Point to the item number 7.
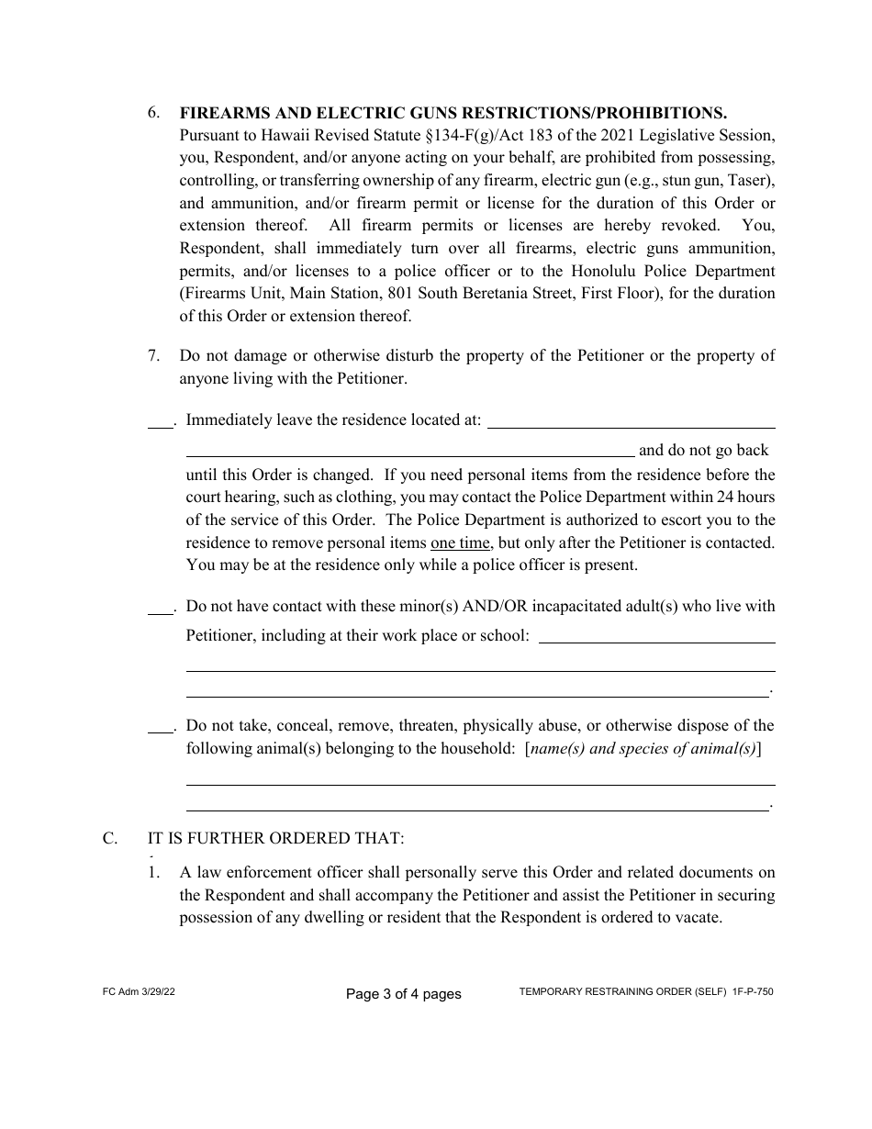(x=155, y=355)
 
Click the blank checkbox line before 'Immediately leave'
(x=160, y=422)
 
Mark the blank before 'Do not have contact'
(x=160, y=608)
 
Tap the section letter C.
(x=109, y=838)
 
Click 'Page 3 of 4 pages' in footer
(x=403, y=993)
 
